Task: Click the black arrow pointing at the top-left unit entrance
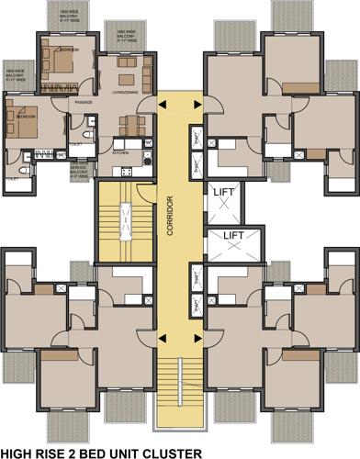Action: (163, 106)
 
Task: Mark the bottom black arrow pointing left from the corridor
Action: (163, 341)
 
